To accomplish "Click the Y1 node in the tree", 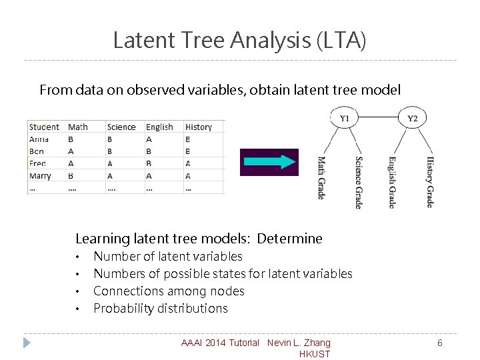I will click(x=344, y=119).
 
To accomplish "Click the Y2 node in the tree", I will click(x=413, y=119).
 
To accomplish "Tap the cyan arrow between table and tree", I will click(x=269, y=162).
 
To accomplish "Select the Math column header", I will click(x=78, y=127).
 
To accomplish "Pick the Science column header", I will click(x=121, y=127).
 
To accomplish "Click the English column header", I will click(x=159, y=127).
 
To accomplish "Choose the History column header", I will click(x=199, y=127).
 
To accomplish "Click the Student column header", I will click(x=45, y=127).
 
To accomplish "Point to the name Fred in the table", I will click(x=38, y=163).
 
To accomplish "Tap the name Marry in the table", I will click(x=41, y=176).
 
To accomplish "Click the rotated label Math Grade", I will click(x=321, y=178).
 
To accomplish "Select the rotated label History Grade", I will click(x=430, y=182).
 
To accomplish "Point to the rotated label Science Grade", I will click(x=359, y=183).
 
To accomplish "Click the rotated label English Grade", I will click(x=393, y=181).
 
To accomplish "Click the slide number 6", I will click(x=440, y=343).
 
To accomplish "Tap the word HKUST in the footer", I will click(x=315, y=354).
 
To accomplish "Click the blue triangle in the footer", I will click(x=27, y=343).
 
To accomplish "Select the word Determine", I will click(x=289, y=239).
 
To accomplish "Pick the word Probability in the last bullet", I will click(x=120, y=308).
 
